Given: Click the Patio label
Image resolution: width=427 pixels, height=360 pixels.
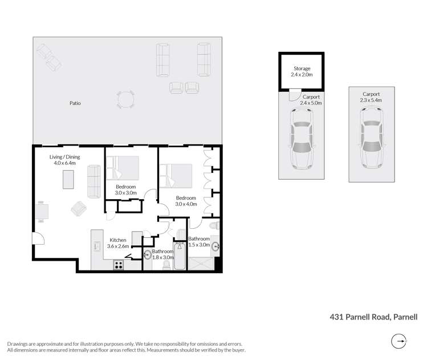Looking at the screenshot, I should pyautogui.click(x=75, y=103).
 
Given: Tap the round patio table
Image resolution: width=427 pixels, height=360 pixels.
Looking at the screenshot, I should pyautogui.click(x=126, y=99).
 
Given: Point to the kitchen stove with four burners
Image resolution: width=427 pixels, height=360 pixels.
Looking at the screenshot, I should pyautogui.click(x=119, y=264).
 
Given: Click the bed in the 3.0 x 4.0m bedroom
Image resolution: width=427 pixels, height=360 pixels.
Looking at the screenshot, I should pyautogui.click(x=177, y=175).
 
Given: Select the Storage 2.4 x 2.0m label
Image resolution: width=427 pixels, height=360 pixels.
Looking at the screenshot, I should pyautogui.click(x=302, y=72).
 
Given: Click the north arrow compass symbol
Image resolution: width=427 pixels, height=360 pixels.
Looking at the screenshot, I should pyautogui.click(x=400, y=342).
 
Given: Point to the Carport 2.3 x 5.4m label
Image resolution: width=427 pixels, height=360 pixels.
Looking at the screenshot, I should pyautogui.click(x=371, y=97).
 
